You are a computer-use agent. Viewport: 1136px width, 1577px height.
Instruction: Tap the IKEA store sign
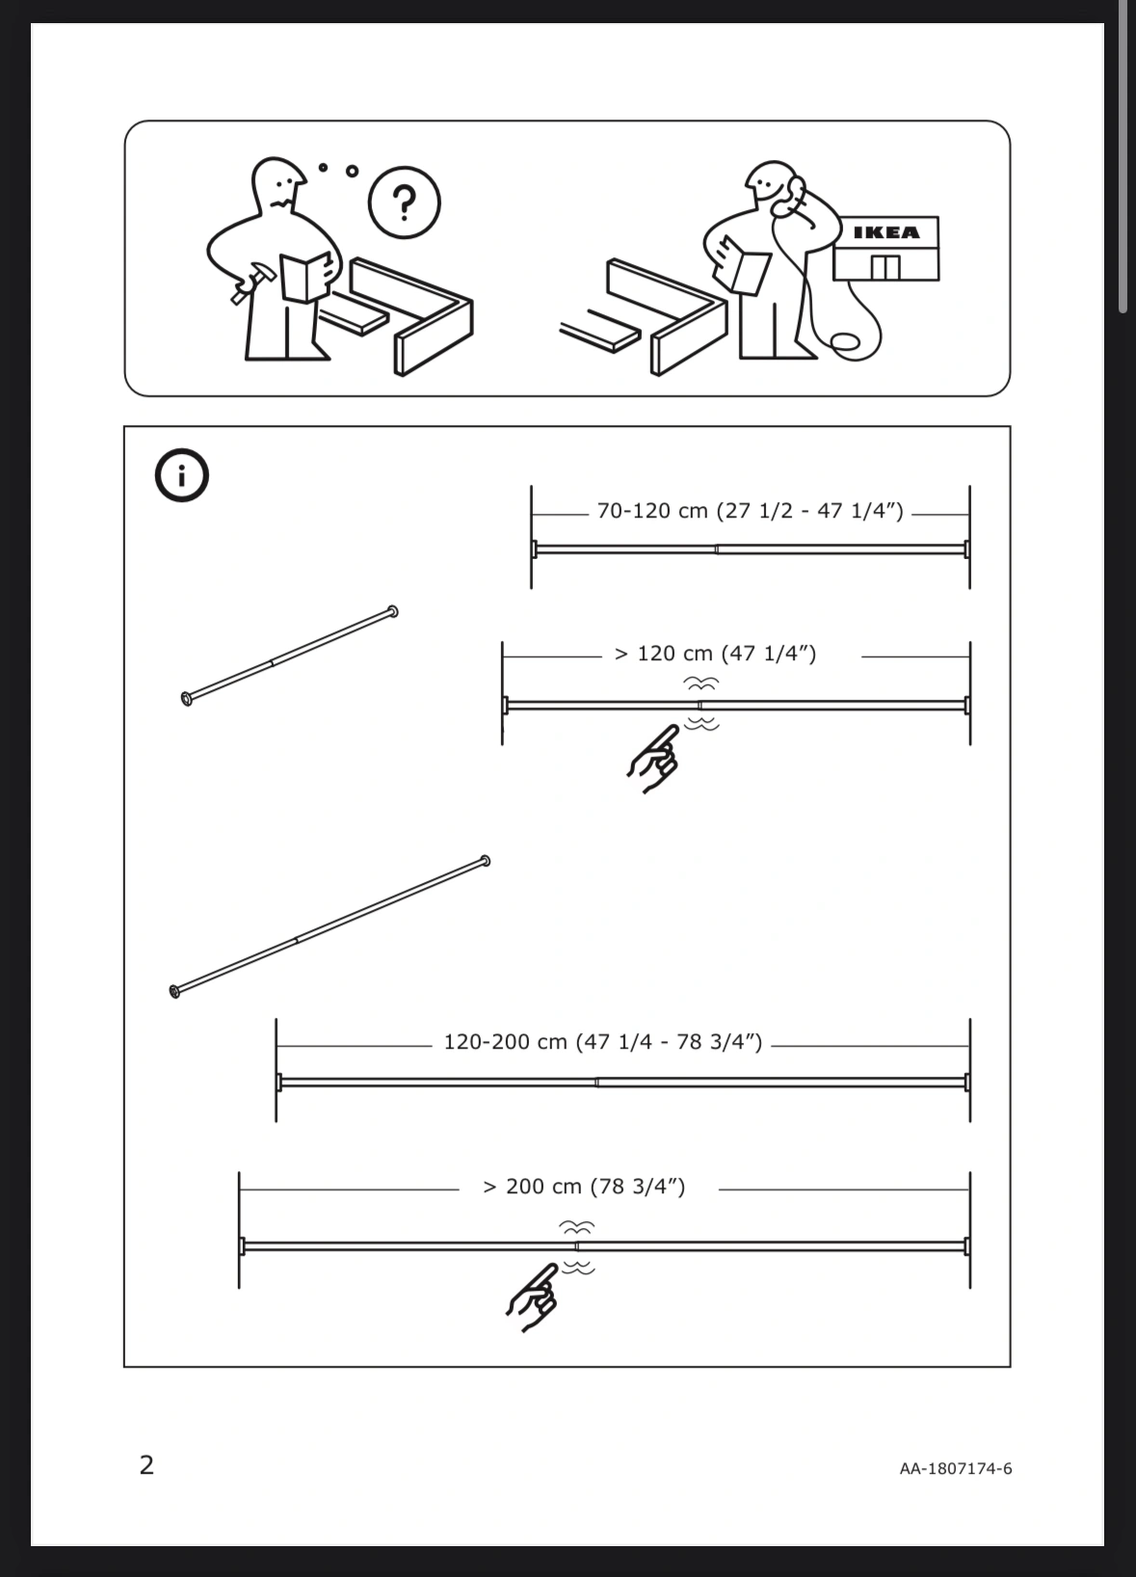point(886,232)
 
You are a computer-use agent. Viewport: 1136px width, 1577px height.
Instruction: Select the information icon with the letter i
point(181,475)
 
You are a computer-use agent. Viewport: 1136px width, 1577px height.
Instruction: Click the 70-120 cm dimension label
point(750,511)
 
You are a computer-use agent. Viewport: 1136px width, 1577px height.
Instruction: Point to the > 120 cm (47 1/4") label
point(715,654)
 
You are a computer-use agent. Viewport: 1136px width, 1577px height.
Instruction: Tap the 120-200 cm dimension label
point(602,1042)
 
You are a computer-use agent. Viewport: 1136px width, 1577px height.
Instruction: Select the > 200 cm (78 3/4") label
point(584,1187)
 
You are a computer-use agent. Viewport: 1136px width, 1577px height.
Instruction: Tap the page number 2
point(146,1465)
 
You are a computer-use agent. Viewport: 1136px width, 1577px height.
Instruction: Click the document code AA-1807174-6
point(955,1469)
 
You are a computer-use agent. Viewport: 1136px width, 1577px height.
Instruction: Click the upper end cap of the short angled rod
point(392,611)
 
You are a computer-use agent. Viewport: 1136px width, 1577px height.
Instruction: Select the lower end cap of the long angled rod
point(175,991)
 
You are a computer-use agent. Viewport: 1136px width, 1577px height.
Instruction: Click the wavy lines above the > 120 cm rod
point(701,682)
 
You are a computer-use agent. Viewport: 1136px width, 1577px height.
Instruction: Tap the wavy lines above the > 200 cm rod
point(576,1226)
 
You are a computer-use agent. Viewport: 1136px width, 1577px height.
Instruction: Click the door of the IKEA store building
point(885,267)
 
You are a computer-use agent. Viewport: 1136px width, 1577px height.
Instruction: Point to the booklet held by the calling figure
point(748,266)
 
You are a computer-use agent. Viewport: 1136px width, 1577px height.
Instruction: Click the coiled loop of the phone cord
point(846,343)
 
